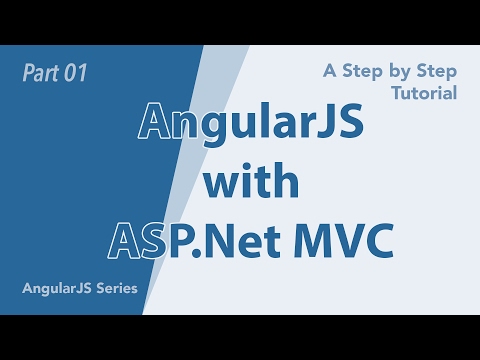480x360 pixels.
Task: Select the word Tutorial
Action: pos(425,93)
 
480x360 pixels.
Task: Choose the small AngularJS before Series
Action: pos(55,289)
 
